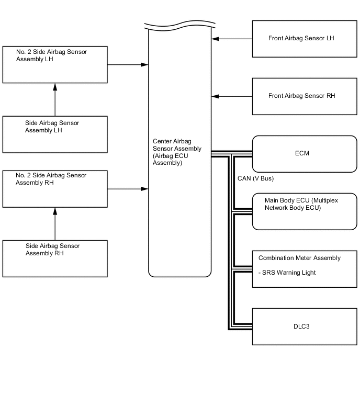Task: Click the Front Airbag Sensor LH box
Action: (305, 39)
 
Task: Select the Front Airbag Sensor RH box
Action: (305, 96)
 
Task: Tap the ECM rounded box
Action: (305, 154)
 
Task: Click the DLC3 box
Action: (305, 326)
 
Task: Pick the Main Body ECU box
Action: (305, 211)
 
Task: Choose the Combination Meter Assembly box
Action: (305, 268)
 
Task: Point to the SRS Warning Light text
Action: (287, 273)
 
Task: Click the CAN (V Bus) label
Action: (256, 178)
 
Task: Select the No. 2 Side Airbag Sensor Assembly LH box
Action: (55, 64)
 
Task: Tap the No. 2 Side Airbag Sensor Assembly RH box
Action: (55, 188)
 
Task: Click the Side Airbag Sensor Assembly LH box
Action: (55, 134)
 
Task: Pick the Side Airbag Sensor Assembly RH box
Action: (55, 258)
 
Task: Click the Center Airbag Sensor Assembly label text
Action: (177, 152)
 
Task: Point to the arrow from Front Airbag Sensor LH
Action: (232, 39)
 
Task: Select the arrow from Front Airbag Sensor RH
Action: (232, 96)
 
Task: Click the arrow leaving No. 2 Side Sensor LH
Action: (128, 65)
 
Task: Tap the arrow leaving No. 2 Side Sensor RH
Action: (128, 188)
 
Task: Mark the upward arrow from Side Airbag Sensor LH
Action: (55, 99)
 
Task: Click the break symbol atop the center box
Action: (179, 27)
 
